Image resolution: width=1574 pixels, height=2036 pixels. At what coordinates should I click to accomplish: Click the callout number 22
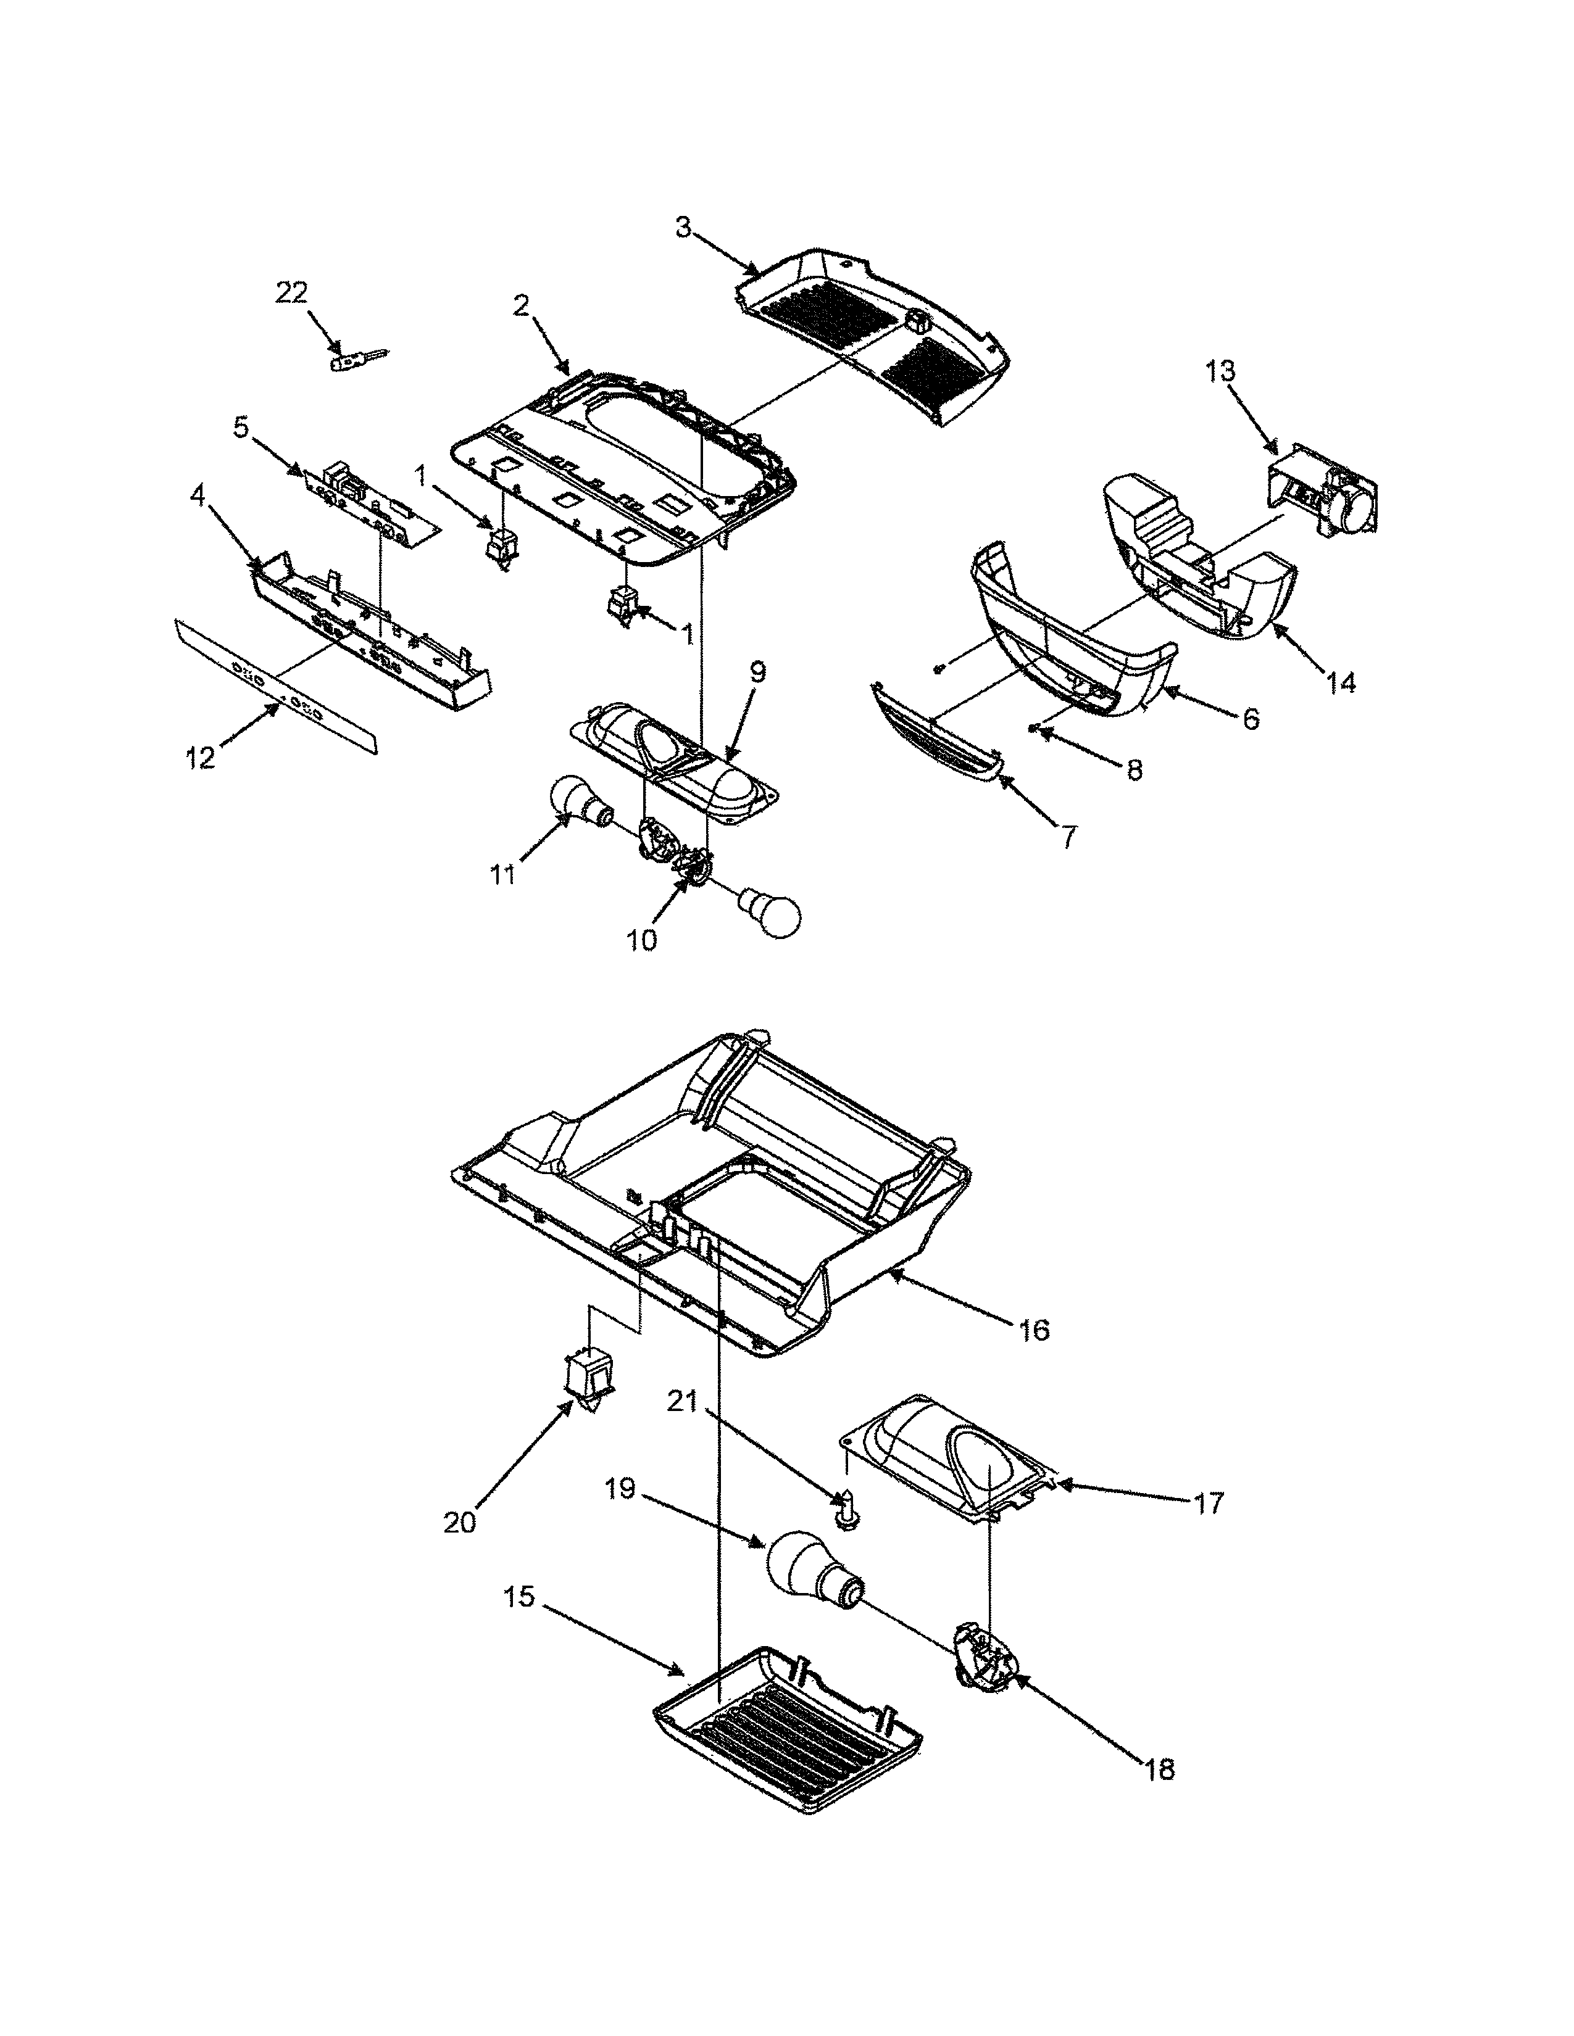pyautogui.click(x=291, y=292)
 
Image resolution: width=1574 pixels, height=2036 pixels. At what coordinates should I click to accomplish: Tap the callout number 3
pyautogui.click(x=683, y=228)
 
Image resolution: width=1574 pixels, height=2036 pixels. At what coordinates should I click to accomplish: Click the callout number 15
pyautogui.click(x=519, y=1597)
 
